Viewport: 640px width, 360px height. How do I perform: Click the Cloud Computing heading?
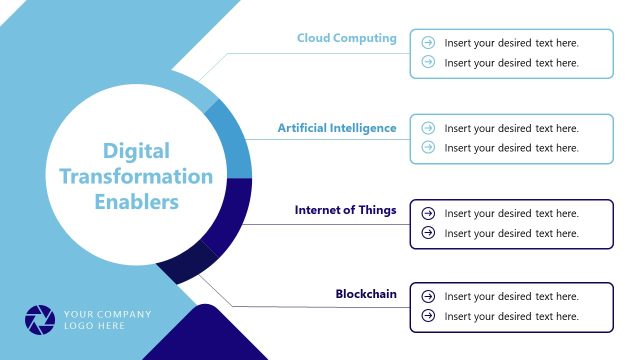coord(346,38)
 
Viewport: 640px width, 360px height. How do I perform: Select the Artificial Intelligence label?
coord(336,128)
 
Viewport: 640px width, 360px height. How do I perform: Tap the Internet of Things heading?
coord(345,210)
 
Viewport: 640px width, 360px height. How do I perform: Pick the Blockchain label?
coord(366,294)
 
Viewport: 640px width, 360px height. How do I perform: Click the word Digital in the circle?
coord(136,152)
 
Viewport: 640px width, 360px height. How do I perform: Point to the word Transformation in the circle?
coord(136,177)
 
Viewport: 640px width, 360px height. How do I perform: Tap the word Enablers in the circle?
coord(136,202)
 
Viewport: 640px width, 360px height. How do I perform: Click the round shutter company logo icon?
coord(41,319)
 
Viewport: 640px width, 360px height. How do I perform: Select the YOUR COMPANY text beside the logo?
coord(107,314)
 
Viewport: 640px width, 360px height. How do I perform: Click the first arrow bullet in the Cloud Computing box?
coord(428,43)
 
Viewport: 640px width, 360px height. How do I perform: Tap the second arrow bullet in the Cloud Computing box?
coord(428,62)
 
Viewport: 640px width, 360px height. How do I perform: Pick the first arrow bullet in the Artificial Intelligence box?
coord(428,128)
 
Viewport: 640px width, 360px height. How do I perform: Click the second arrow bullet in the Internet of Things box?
coord(428,233)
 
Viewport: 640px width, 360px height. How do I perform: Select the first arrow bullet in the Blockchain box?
coord(428,296)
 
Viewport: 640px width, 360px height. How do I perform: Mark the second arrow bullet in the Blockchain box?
coord(428,316)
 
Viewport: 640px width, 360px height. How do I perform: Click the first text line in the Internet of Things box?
coord(511,213)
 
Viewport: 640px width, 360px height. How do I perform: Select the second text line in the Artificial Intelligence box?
coord(511,148)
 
